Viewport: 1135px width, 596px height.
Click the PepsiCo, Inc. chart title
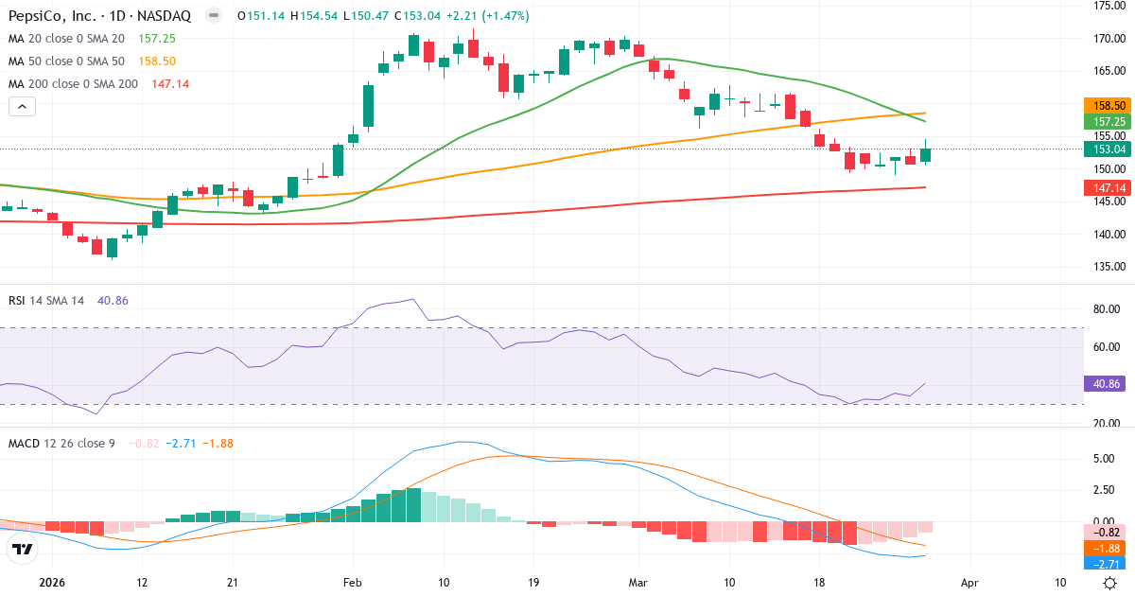click(99, 16)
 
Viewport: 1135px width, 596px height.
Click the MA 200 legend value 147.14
click(170, 84)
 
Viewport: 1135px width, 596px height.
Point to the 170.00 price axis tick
click(1108, 39)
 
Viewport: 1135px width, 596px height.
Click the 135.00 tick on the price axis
click(1108, 266)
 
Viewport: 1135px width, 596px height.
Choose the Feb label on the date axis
click(353, 582)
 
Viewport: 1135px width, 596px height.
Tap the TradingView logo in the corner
click(22, 549)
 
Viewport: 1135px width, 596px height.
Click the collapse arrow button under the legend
click(22, 107)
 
